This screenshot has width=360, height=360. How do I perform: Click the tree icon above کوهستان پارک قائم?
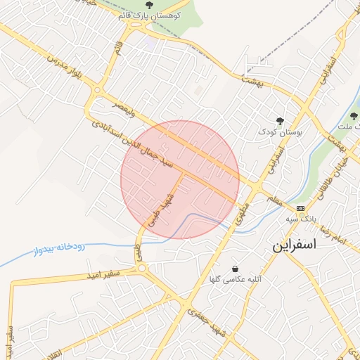tap(148, 6)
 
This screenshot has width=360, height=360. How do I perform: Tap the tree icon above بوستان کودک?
tap(281, 121)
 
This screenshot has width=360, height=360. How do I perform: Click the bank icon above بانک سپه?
tap(301, 208)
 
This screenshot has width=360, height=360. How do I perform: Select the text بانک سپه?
tap(297, 219)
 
